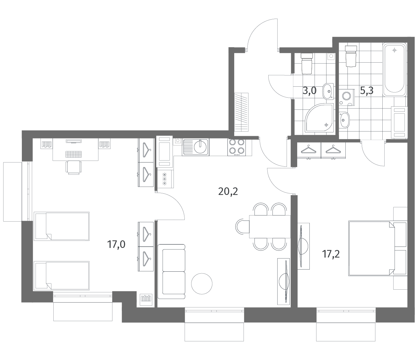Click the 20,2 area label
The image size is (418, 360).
click(228, 191)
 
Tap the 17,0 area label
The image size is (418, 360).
click(116, 244)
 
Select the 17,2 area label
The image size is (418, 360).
click(331, 254)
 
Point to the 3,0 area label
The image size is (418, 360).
click(309, 91)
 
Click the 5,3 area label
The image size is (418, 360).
click(367, 91)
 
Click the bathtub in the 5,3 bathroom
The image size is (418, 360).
click(394, 70)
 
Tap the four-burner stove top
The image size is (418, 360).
click(236, 147)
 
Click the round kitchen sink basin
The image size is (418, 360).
click(201, 146)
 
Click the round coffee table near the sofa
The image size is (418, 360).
click(202, 284)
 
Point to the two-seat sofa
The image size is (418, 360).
click(172, 271)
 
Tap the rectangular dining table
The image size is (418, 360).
click(270, 227)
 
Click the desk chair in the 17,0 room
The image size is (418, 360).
click(74, 167)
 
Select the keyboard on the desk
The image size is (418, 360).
click(74, 154)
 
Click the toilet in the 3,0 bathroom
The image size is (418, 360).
click(307, 63)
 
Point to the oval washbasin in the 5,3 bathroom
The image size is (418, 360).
click(344, 120)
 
